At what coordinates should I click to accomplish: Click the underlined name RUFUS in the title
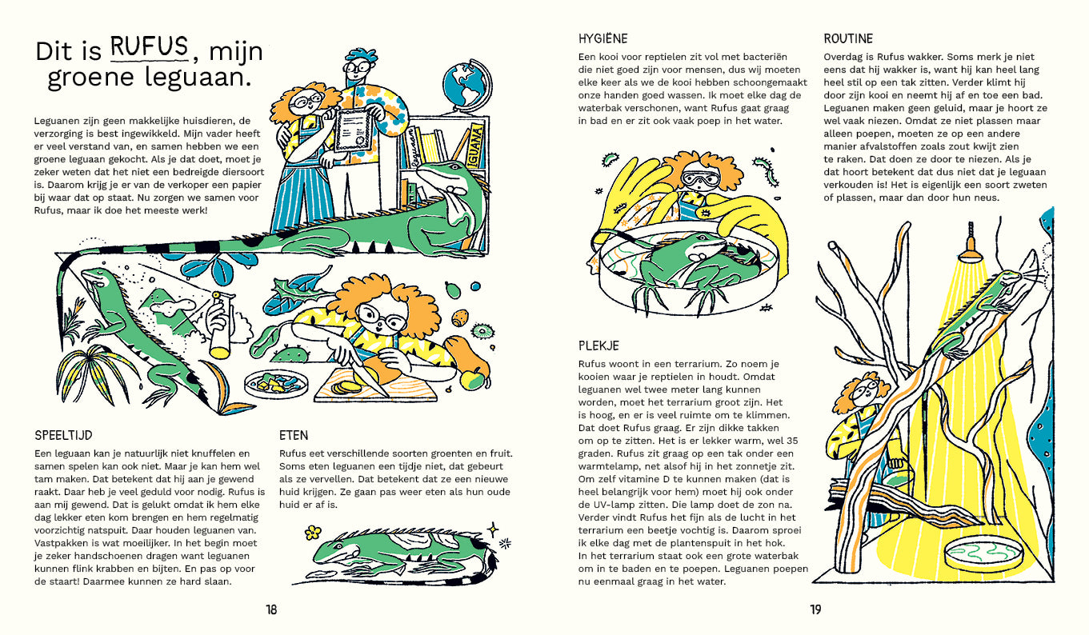coord(150,47)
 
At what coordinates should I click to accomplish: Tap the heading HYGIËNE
coord(603,38)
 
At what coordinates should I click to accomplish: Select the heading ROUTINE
coord(848,39)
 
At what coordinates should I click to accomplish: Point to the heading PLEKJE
coord(599,345)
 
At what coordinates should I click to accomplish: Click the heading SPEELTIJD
coord(63,435)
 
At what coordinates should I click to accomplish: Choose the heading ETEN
coord(294,435)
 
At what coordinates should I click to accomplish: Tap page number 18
coord(271,609)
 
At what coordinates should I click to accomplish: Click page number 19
coord(815,609)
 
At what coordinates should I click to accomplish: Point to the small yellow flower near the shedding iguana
coord(313,533)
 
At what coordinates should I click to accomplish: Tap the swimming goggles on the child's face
coord(699,178)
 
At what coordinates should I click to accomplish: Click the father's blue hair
coord(361,56)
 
